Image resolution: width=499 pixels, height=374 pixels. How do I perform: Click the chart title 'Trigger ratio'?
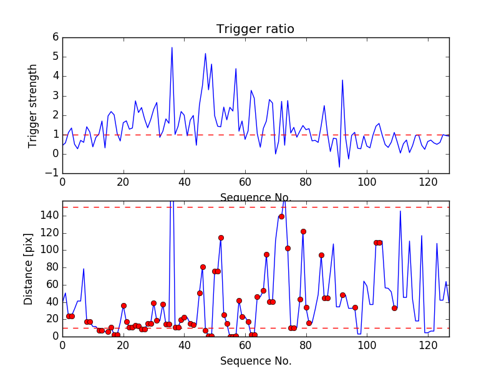point(255,29)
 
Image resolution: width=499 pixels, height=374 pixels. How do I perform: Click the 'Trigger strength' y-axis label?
point(33,106)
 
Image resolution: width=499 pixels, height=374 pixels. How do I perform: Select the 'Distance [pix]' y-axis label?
point(29,269)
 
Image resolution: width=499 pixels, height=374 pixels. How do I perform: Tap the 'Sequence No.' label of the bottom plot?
point(255,360)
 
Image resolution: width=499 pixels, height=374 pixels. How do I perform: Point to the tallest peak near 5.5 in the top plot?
point(172,47)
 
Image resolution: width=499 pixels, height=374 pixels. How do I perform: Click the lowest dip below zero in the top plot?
point(339,167)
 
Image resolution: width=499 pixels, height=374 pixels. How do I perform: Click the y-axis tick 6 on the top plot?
point(55,37)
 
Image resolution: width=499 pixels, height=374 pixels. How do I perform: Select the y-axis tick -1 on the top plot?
point(52,173)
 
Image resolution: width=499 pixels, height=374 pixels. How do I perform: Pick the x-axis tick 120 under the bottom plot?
point(427,345)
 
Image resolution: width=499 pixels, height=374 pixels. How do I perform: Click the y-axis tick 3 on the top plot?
point(55,96)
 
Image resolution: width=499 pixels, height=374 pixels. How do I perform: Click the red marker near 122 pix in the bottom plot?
point(303,231)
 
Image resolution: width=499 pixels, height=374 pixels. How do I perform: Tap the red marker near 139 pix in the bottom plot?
point(281,216)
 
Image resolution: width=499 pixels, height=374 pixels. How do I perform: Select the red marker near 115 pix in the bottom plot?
point(221,237)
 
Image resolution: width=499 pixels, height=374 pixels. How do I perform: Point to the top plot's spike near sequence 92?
point(342,80)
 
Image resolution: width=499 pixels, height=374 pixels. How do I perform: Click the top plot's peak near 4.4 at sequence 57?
point(236,69)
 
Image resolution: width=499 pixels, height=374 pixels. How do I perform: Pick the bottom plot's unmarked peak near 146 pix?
point(400,211)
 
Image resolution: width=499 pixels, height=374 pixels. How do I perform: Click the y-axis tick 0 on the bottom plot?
point(55,336)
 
